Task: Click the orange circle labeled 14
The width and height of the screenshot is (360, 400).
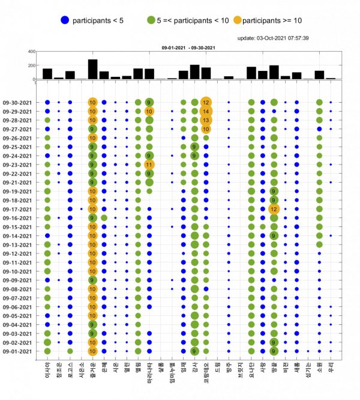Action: pyautogui.click(x=206, y=111)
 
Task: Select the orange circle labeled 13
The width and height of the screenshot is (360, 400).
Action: pyautogui.click(x=206, y=120)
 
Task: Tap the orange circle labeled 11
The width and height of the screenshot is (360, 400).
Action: pyautogui.click(x=149, y=165)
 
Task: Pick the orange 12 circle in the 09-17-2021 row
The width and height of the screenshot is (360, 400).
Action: pyautogui.click(x=274, y=209)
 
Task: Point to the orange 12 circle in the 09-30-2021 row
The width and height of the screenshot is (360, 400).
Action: pyautogui.click(x=206, y=102)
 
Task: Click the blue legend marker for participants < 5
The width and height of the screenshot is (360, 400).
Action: pyautogui.click(x=64, y=20)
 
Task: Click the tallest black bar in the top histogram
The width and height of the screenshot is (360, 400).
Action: pyautogui.click(x=92, y=68)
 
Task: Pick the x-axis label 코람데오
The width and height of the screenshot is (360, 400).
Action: pyautogui.click(x=206, y=372)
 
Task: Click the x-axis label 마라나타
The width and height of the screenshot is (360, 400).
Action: pyautogui.click(x=149, y=372)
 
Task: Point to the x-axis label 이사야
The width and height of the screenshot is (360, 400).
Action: pyautogui.click(x=47, y=369)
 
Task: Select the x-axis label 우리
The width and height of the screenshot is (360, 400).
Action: pyautogui.click(x=331, y=366)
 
